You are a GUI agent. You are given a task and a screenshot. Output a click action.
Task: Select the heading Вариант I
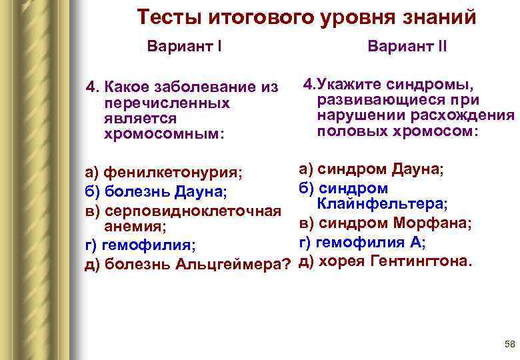[x=185, y=48]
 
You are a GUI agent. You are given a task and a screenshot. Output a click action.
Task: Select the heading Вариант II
[x=407, y=48]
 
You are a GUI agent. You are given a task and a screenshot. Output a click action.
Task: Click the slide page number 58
[x=510, y=344]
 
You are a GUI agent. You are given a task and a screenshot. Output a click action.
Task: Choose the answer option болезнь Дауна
[x=156, y=193]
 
